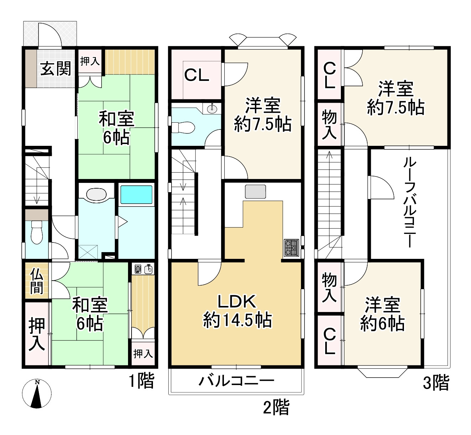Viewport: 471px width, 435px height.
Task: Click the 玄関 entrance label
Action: (56, 68)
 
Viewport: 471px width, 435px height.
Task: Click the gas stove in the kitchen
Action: (291, 248)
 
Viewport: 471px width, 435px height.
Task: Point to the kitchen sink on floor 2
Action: (255, 191)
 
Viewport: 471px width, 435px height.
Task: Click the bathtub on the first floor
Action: (136, 194)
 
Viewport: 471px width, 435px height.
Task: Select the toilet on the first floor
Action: (37, 232)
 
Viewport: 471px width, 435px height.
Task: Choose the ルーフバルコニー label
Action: (410, 203)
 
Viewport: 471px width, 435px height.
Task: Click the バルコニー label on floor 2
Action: (236, 381)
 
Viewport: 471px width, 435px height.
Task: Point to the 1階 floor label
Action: (142, 380)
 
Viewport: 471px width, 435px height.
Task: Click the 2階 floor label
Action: (276, 407)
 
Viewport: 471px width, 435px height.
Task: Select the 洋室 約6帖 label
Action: (383, 313)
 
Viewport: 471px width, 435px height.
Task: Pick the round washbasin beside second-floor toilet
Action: (212, 109)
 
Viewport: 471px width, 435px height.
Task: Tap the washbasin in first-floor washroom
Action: (96, 194)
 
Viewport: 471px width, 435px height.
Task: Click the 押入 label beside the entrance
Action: (90, 61)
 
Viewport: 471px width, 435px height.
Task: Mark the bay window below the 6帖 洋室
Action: (383, 372)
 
